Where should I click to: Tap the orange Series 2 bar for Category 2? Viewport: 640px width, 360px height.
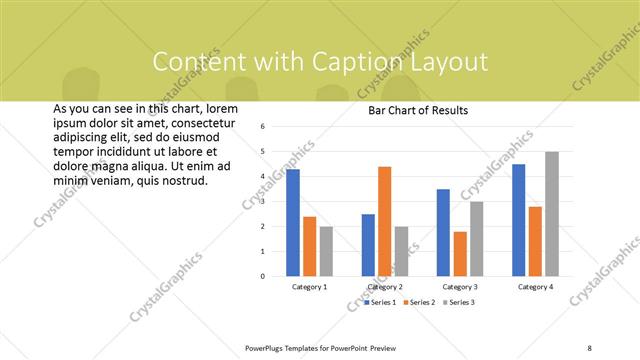384,221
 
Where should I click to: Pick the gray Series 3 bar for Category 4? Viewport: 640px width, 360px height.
551,214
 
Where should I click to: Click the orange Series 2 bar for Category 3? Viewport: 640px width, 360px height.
460,254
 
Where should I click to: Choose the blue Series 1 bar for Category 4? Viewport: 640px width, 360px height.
519,220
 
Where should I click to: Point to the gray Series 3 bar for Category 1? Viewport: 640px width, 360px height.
325,251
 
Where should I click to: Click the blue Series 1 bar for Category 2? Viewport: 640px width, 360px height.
368,245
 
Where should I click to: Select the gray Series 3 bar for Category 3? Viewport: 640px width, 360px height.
476,239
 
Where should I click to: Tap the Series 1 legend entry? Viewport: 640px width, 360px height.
381,302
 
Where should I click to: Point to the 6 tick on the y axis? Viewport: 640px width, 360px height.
261,127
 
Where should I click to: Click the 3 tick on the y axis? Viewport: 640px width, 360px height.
261,202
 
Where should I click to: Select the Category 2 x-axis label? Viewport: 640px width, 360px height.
384,287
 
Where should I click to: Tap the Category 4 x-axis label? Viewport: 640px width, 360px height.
535,287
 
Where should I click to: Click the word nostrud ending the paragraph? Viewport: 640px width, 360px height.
185,181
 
